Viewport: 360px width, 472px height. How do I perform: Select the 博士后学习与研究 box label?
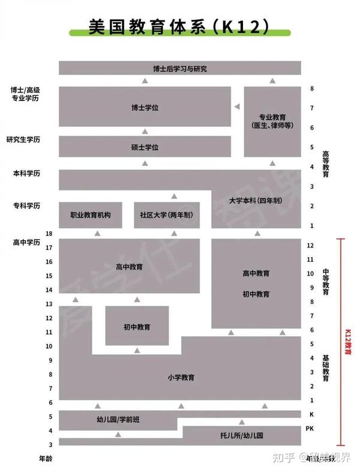pos(179,68)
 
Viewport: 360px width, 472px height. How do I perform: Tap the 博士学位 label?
pos(145,108)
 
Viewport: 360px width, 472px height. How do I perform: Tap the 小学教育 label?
pos(181,378)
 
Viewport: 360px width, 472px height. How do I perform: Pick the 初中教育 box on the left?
pos(137,327)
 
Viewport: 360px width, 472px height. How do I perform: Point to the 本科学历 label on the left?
pos(26,174)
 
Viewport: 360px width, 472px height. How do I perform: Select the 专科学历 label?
pos(26,206)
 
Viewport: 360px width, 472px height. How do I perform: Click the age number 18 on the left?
pos(49,234)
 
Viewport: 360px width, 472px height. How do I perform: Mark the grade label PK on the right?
pos(310,429)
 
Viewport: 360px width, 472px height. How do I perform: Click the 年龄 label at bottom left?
pos(46,459)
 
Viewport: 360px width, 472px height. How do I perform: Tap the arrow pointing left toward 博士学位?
pos(237,107)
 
